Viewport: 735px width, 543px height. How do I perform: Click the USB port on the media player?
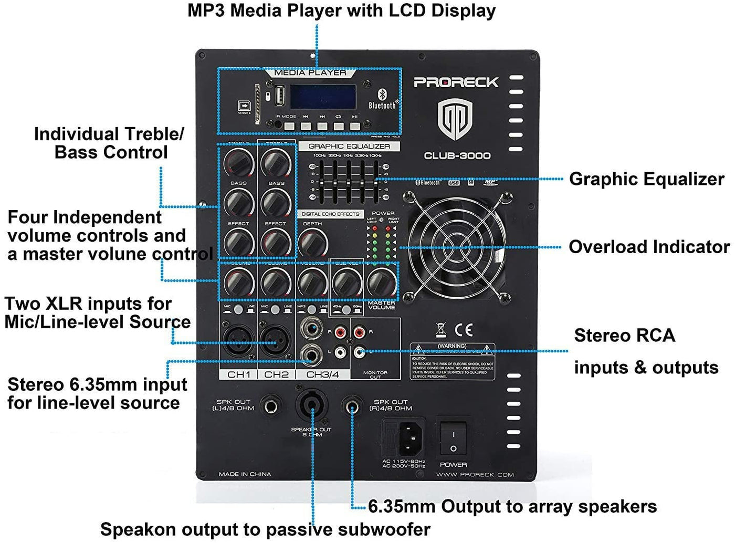tap(279, 97)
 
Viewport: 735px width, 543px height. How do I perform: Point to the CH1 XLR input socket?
tap(238, 342)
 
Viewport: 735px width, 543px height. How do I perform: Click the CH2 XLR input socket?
tap(276, 342)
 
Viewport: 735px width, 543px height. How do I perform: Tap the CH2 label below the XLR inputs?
tap(276, 374)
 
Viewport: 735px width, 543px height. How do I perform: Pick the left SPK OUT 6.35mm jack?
tap(271, 405)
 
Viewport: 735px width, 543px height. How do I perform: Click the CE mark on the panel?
tap(463, 329)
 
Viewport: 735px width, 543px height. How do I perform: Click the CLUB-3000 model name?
tap(457, 155)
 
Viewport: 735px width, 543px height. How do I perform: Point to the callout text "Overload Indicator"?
tap(649, 247)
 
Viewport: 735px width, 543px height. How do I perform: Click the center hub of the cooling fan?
tap(456, 247)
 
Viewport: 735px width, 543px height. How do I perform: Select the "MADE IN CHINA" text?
tap(245, 474)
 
